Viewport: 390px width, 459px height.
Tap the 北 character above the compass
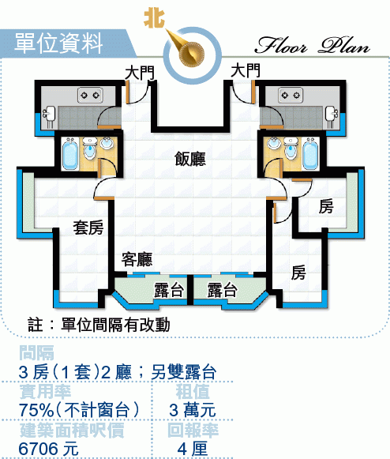[154, 18]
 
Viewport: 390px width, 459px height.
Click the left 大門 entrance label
[140, 73]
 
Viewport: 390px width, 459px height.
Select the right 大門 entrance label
[246, 70]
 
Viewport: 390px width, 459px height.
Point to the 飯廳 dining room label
[190, 159]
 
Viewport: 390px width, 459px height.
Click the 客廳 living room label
[137, 259]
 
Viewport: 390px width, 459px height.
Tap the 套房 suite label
[88, 228]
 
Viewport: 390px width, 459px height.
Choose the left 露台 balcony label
[169, 290]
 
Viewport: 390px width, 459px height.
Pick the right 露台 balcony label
[222, 290]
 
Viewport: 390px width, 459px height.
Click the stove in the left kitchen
[90, 95]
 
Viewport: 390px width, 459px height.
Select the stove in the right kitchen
[291, 95]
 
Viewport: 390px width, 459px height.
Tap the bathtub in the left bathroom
[70, 154]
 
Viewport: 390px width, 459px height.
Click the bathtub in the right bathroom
[310, 154]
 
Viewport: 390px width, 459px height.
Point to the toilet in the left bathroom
[89, 149]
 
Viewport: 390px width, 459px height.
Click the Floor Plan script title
[312, 45]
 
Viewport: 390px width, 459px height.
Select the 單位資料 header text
[58, 43]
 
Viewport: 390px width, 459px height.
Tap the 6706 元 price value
[49, 449]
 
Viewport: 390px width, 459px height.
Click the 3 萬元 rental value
[192, 410]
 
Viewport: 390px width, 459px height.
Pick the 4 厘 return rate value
[192, 449]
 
